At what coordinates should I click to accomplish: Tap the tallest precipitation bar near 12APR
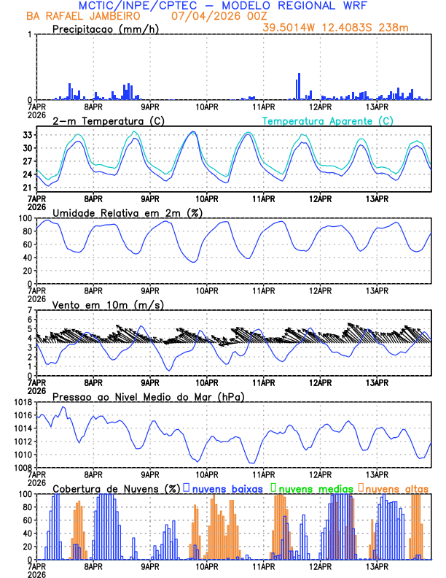pos(299,86)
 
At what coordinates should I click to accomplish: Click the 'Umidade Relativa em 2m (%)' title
pos(122,212)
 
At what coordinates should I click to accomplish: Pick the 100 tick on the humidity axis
pos(25,218)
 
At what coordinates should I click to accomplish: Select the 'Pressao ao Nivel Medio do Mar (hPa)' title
pos(148,396)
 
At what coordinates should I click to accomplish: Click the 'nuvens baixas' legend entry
pos(226,488)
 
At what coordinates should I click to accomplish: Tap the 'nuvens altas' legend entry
pos(397,488)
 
